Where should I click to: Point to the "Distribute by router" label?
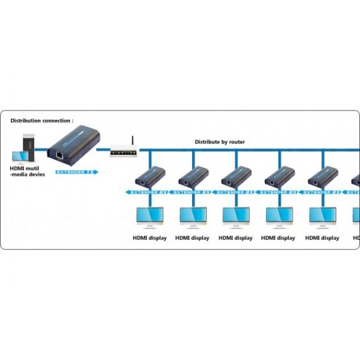(220, 142)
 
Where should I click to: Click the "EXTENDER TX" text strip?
(75, 172)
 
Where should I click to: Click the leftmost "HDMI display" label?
(149, 238)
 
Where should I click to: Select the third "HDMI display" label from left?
(236, 238)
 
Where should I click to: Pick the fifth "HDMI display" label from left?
(322, 238)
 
